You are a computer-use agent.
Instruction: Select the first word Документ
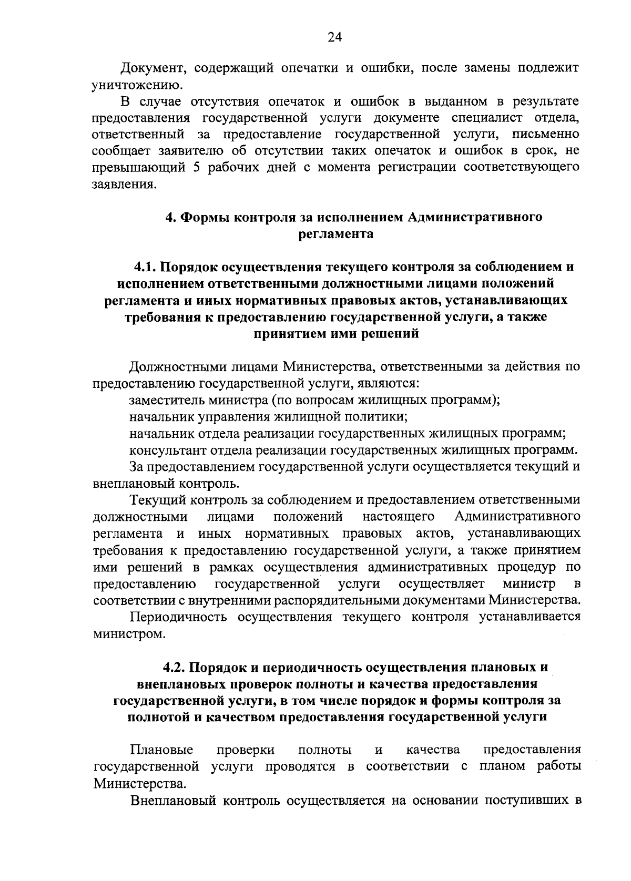pos(152,68)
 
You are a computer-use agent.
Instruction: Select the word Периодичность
pos(178,617)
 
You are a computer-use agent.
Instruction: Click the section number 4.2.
pos(174,668)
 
